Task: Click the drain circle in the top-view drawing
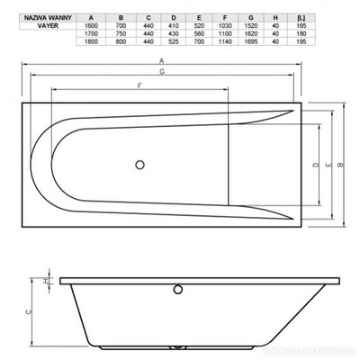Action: pyautogui.click(x=139, y=165)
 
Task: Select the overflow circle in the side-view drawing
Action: pyautogui.click(x=178, y=290)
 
